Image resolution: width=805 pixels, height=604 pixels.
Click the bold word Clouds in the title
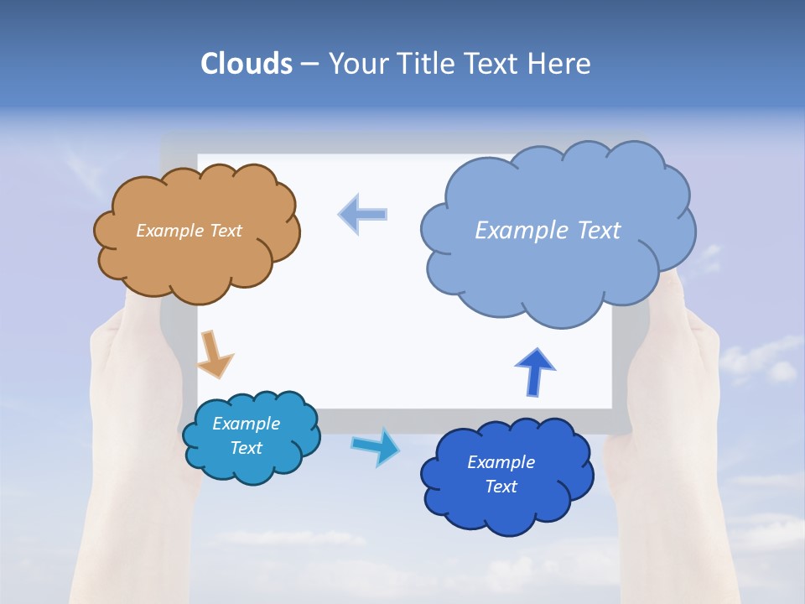click(247, 64)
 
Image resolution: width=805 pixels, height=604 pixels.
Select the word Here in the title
click(560, 64)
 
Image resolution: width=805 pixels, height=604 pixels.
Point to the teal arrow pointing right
click(376, 445)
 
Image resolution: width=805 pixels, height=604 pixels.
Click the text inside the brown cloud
click(190, 231)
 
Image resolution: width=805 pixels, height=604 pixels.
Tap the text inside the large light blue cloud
click(548, 231)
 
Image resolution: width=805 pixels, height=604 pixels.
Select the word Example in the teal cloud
click(246, 424)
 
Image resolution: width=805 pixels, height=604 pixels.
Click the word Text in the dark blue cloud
click(501, 487)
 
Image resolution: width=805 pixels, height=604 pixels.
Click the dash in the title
click(309, 65)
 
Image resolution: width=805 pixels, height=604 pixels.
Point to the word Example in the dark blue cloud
click(501, 462)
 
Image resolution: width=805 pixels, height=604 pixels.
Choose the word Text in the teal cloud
click(246, 448)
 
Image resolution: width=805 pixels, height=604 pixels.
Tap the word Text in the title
click(495, 64)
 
